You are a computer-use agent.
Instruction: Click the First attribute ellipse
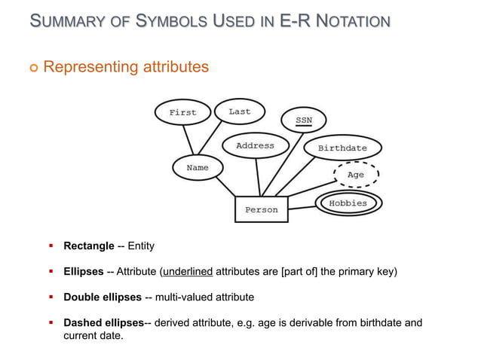(x=182, y=112)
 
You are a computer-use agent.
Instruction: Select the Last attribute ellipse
(x=240, y=111)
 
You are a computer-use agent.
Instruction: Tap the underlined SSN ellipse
(x=303, y=120)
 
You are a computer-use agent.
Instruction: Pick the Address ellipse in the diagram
(x=255, y=145)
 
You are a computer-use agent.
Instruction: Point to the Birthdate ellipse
(x=342, y=148)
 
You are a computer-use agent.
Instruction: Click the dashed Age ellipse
(x=355, y=175)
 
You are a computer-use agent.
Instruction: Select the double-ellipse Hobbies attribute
(x=348, y=203)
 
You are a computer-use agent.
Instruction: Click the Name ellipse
(x=198, y=168)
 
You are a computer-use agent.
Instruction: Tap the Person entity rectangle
(x=261, y=209)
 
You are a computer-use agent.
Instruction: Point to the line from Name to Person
(x=224, y=188)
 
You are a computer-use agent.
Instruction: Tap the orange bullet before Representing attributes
(x=32, y=69)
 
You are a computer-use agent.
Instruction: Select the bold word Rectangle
(x=88, y=246)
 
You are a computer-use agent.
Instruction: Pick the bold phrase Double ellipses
(x=103, y=297)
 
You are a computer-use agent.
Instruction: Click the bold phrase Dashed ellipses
(x=103, y=322)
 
